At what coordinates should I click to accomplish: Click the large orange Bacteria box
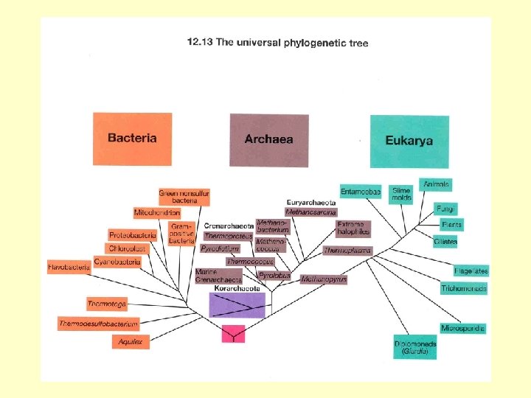tap(132, 139)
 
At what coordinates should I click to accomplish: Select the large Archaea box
tap(268, 139)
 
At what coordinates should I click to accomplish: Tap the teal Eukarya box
tap(409, 140)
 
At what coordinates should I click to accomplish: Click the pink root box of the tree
tap(233, 333)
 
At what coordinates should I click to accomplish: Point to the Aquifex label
tap(131, 342)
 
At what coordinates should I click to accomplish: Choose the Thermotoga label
tap(107, 304)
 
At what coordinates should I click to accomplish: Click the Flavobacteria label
tap(69, 267)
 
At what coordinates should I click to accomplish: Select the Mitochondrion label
tap(157, 213)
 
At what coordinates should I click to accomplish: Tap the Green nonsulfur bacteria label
tap(184, 197)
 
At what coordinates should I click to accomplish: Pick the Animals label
tap(436, 184)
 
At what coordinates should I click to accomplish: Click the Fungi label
tap(445, 209)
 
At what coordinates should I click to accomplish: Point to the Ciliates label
tap(445, 242)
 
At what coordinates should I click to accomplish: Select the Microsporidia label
tap(462, 328)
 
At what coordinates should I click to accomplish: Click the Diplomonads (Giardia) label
tap(415, 348)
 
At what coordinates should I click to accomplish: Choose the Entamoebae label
tap(361, 192)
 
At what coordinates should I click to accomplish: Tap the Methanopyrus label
tap(324, 279)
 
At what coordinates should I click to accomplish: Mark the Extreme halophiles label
tap(353, 228)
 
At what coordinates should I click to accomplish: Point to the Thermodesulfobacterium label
tap(99, 324)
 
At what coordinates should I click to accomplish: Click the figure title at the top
tap(277, 43)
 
